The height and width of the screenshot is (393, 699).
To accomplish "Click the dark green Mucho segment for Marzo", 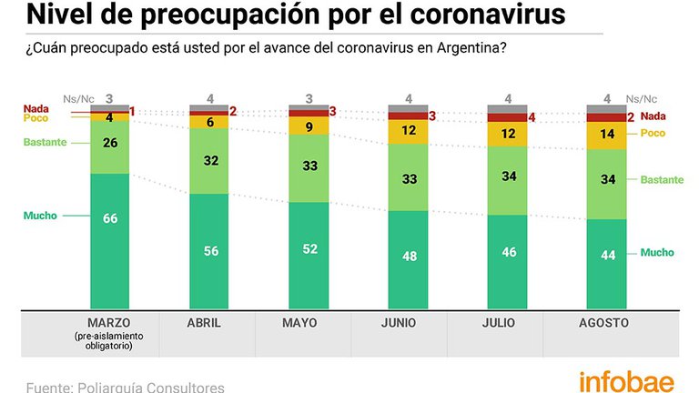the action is tap(109, 241).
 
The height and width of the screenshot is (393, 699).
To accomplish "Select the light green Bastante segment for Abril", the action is tap(209, 161).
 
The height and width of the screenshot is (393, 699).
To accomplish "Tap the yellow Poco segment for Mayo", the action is tap(309, 126).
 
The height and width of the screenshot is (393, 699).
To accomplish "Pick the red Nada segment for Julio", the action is tap(507, 117).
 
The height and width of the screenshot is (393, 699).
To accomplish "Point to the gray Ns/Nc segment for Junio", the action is tap(408, 109).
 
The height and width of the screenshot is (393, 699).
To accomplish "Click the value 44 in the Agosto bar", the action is tap(608, 255).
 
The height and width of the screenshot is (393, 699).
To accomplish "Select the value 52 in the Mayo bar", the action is tap(309, 248).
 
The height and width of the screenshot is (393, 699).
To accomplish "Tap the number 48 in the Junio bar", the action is tap(410, 257).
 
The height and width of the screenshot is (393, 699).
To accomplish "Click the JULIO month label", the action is tap(499, 323).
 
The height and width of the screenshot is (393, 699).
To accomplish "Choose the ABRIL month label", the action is tap(204, 323).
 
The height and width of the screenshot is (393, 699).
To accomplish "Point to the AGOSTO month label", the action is tap(603, 323).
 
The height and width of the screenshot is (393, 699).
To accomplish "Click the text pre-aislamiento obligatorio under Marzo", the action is tap(109, 341).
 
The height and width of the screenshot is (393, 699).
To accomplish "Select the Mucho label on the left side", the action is tap(40, 216).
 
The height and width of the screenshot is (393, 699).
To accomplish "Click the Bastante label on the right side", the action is tap(662, 179).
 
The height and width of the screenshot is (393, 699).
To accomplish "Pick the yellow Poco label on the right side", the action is tap(653, 133).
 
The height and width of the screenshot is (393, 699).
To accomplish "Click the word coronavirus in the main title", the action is tap(488, 15).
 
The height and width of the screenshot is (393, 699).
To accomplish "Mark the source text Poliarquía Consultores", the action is tap(151, 388).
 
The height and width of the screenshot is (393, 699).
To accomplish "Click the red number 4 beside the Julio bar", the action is tap(532, 118).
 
